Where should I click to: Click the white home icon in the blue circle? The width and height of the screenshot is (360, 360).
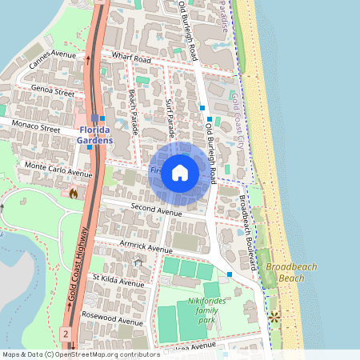click(x=180, y=173)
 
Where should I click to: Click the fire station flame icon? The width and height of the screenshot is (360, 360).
click(x=74, y=193)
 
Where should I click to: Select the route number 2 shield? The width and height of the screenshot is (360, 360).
click(x=66, y=332)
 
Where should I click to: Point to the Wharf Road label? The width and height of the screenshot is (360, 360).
click(x=132, y=58)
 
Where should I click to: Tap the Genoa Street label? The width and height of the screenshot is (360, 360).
click(x=53, y=92)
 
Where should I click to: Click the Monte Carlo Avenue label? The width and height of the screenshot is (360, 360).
click(x=58, y=170)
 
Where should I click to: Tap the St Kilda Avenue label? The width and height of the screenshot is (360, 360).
click(x=118, y=281)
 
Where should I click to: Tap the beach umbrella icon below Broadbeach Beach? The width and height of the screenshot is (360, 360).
click(x=276, y=317)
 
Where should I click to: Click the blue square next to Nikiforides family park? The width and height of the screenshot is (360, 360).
click(x=230, y=274)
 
